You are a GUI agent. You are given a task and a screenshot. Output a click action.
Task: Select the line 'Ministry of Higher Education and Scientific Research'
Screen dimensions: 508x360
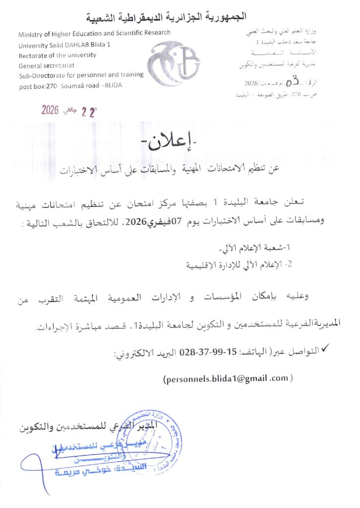94,34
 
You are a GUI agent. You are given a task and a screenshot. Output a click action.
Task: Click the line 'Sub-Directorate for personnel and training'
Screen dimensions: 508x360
81,74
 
